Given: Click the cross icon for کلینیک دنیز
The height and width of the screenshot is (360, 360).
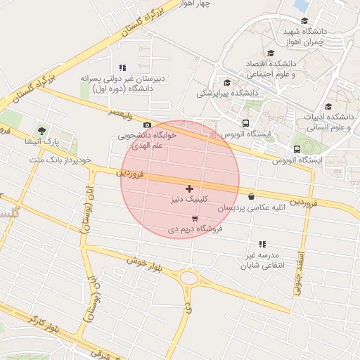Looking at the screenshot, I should (189, 188).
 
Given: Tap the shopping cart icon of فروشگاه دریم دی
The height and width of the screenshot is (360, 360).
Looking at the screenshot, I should (194, 219).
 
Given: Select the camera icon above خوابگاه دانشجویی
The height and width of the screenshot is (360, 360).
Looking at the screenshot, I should (147, 124).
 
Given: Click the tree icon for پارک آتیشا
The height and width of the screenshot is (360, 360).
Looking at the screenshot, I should (41, 131).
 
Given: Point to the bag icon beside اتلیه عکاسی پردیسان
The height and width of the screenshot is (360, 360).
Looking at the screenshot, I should (252, 197).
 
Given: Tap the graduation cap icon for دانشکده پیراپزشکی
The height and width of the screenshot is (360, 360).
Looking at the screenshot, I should (226, 82).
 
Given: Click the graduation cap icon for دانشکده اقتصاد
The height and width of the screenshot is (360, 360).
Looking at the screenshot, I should (271, 53).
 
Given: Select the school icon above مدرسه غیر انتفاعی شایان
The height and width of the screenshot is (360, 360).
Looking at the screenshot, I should (262, 243).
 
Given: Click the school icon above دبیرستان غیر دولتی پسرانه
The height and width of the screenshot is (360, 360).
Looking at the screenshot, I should (123, 68).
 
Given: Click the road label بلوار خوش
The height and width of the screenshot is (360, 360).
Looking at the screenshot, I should (145, 266).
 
